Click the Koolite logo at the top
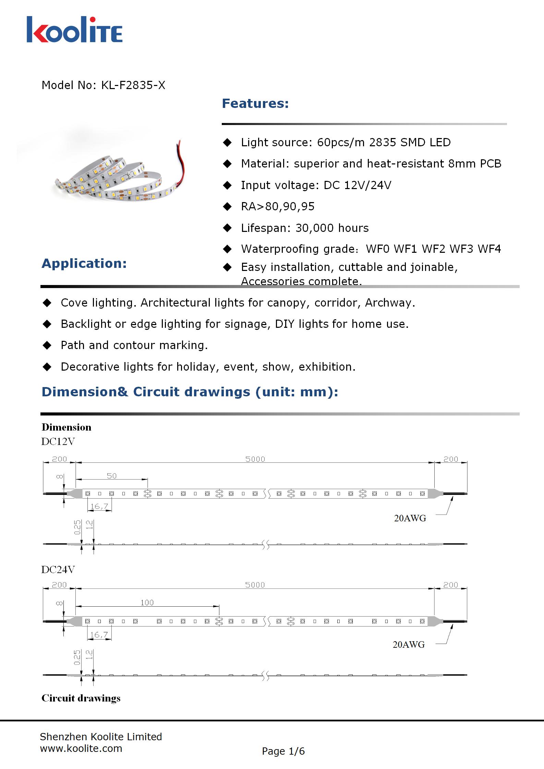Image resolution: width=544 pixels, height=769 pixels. pyautogui.click(x=74, y=30)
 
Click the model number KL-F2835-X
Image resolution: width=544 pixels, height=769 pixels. pyautogui.click(x=133, y=85)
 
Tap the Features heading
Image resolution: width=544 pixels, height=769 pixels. pyautogui.click(x=255, y=103)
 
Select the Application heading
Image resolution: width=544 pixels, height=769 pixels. pyautogui.click(x=84, y=263)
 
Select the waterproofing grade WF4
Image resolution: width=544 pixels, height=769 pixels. pyautogui.click(x=489, y=249)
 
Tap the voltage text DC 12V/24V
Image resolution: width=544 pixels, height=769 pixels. pyautogui.click(x=358, y=185)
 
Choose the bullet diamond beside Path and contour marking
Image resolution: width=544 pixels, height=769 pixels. pyautogui.click(x=47, y=345)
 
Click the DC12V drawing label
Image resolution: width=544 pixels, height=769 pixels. pyautogui.click(x=58, y=442)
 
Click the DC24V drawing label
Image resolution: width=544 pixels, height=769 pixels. pyautogui.click(x=58, y=570)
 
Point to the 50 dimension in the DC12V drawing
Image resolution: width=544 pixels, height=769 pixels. pyautogui.click(x=112, y=476)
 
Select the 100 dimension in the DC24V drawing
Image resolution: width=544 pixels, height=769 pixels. pyautogui.click(x=147, y=603)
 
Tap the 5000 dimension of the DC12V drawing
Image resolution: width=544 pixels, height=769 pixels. pyautogui.click(x=255, y=459)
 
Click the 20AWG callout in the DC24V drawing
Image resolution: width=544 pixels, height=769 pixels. pyautogui.click(x=409, y=645)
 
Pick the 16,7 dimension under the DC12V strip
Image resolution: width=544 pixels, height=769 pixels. pyautogui.click(x=99, y=506)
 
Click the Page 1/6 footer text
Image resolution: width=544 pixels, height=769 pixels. pyautogui.click(x=283, y=751)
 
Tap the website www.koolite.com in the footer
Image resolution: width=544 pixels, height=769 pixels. pyautogui.click(x=81, y=748)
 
